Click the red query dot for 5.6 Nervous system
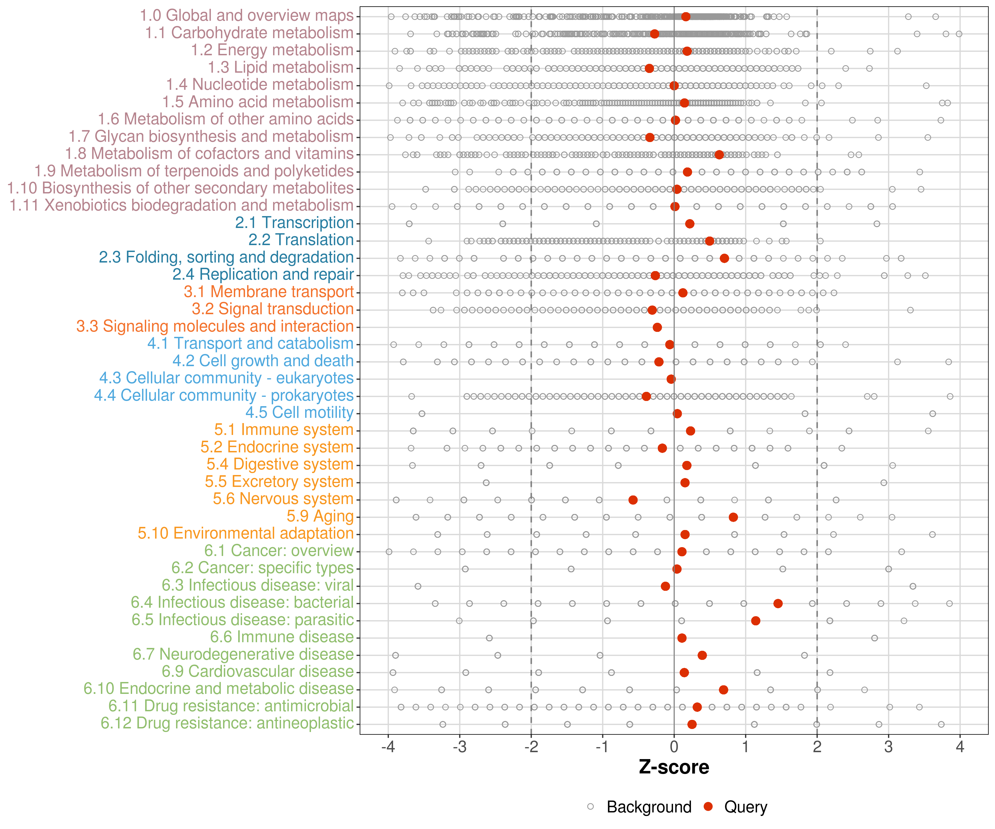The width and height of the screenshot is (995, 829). pos(633,500)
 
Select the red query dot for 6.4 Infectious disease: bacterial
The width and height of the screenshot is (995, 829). pos(777,603)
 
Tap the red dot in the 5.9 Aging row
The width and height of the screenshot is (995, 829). pos(733,517)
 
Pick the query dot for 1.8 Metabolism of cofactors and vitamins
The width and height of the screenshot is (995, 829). pos(719,154)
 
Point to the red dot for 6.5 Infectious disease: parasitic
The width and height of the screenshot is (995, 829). pos(755,621)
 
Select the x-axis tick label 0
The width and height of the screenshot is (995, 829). pos(674,747)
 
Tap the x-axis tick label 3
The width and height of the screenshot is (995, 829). pos(888,747)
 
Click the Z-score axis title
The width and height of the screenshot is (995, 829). pos(674,767)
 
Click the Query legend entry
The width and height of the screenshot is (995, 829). pos(745,807)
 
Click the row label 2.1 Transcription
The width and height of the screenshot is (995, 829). pos(294,223)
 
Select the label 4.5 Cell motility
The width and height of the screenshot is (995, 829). pos(299,413)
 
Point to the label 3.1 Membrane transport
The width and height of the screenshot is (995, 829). pos(269,292)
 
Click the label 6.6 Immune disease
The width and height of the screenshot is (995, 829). pos(282,637)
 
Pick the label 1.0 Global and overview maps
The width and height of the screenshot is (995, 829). pos(246,16)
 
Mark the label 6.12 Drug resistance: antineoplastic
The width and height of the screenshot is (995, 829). pos(227,723)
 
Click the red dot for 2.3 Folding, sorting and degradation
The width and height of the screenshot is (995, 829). pos(724,258)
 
